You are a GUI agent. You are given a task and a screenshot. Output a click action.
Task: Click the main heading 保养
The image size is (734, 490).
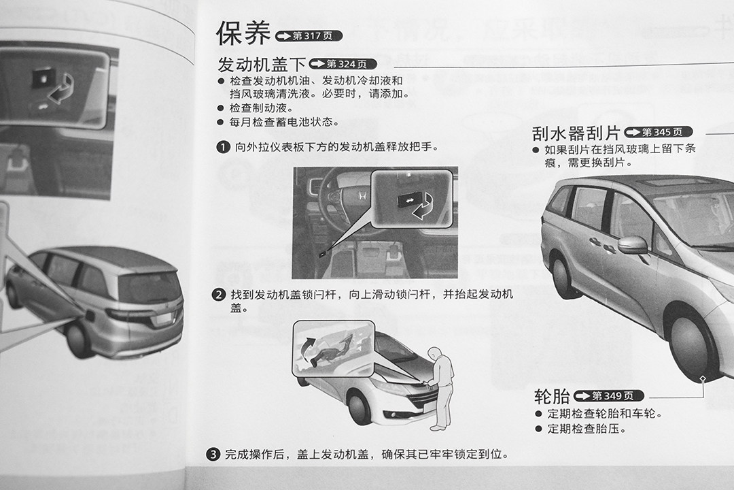243,33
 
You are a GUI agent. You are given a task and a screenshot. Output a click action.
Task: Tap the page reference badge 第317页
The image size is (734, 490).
309,35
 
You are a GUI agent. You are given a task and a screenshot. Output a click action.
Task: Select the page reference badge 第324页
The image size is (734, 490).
343,64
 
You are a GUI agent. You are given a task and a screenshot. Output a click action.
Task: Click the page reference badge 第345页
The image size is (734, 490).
658,132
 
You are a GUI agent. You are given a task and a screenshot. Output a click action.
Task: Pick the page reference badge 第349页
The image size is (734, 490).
608,396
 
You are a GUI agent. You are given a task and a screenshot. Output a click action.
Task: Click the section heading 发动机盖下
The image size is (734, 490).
262,64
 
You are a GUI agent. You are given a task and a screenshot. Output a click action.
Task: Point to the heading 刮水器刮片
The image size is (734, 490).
576,133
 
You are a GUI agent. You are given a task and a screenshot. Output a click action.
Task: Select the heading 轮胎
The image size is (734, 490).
552,397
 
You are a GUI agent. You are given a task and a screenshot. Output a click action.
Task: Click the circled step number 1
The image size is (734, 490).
223,147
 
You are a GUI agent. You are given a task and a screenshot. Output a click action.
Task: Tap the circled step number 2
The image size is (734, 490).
219,295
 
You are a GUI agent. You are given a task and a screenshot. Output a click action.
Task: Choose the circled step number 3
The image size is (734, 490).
213,454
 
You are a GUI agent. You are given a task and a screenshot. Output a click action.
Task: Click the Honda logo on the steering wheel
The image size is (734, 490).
362,196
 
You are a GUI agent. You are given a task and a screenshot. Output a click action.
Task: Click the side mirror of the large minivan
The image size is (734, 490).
633,245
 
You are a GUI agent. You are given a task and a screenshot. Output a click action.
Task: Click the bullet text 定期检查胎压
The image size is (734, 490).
587,429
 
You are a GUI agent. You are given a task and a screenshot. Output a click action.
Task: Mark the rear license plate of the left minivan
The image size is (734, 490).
164,320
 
